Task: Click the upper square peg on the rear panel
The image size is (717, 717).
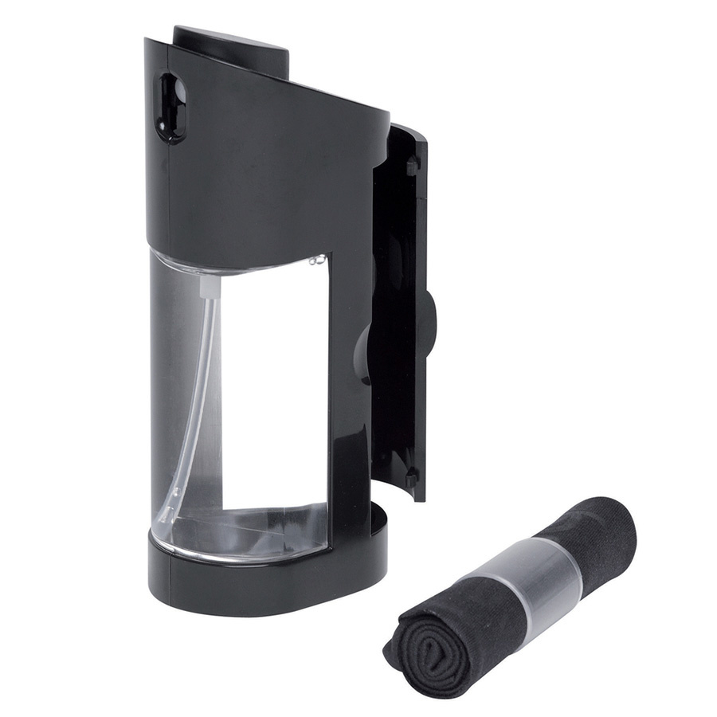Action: [x=412, y=166]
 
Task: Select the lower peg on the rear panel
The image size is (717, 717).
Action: [x=411, y=476]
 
